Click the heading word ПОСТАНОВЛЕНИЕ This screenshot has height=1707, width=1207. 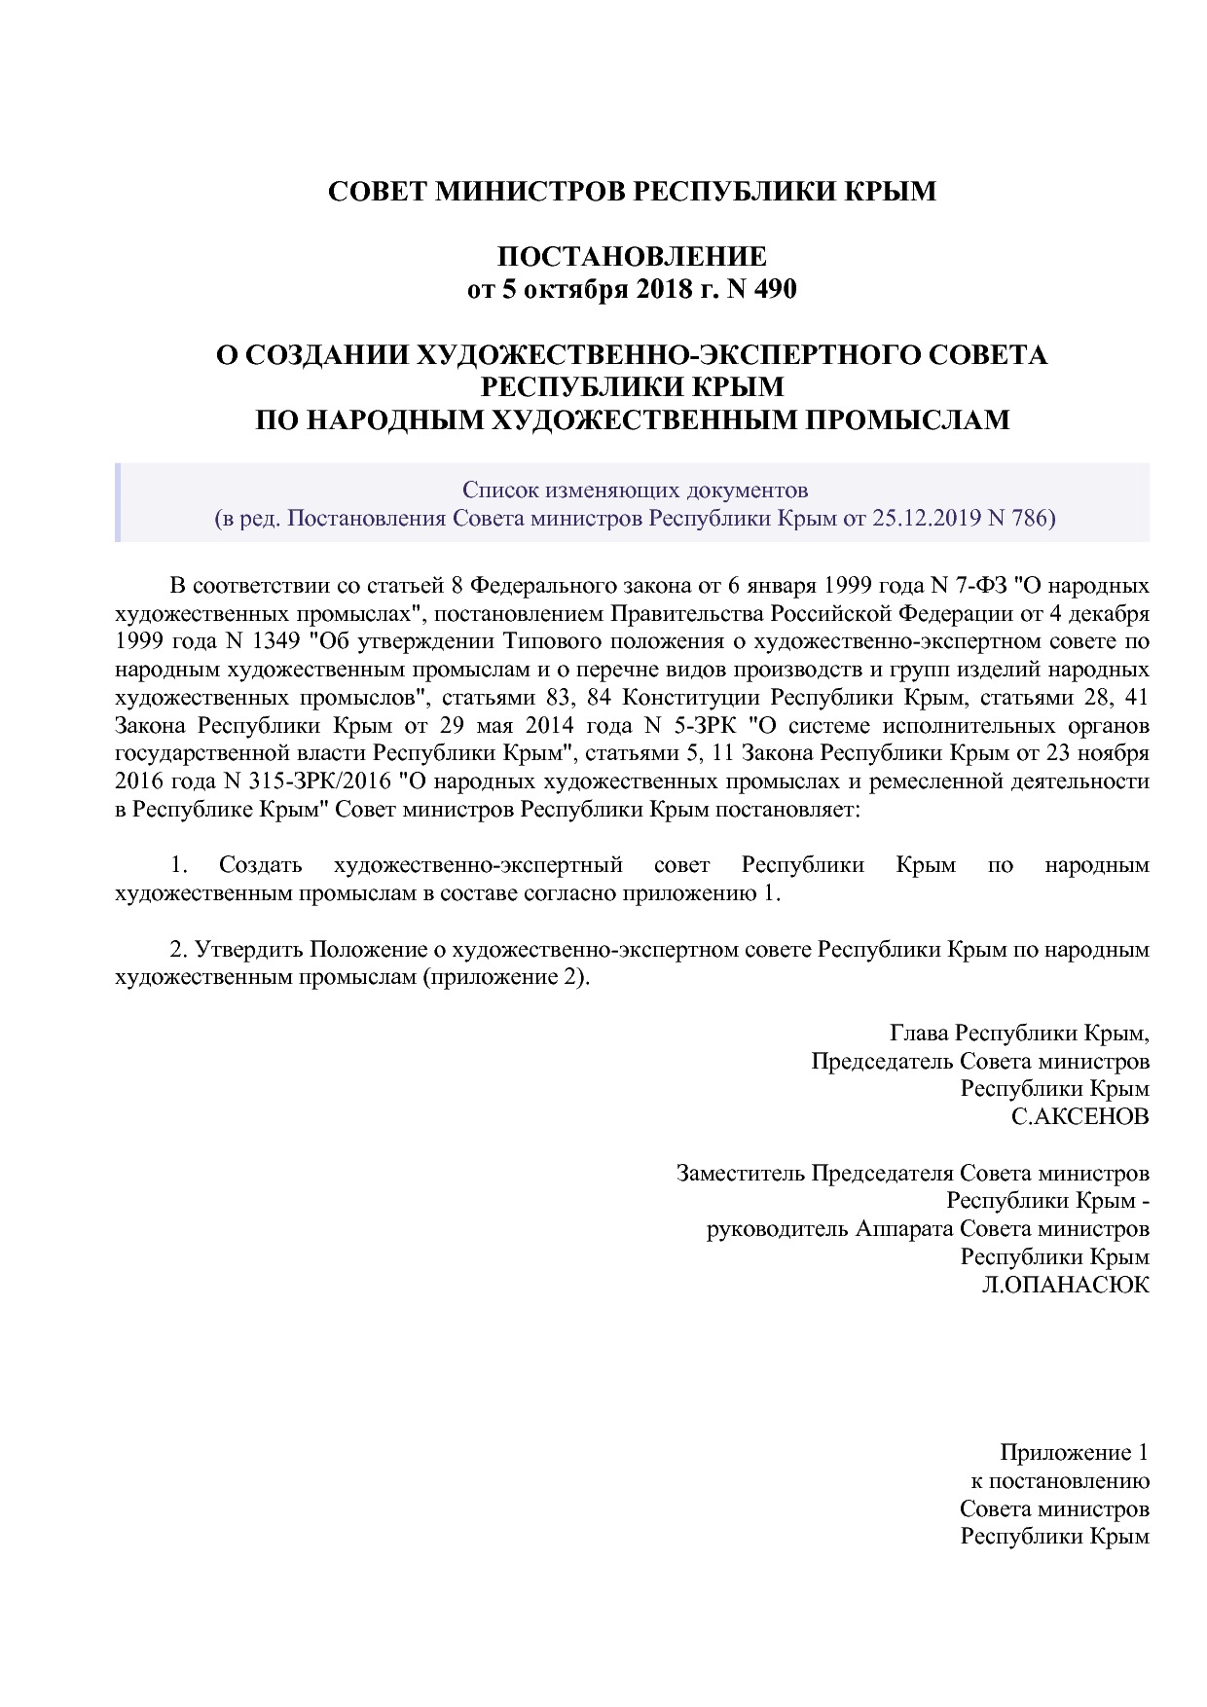pyautogui.click(x=632, y=257)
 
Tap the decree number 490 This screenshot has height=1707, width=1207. pyautogui.click(x=775, y=289)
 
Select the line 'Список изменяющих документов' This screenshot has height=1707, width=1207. pyautogui.click(x=635, y=490)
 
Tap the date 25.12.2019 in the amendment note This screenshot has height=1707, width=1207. pyautogui.click(x=926, y=518)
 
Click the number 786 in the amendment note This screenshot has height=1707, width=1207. pyautogui.click(x=1031, y=518)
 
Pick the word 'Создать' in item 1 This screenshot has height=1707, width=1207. pyautogui.click(x=260, y=865)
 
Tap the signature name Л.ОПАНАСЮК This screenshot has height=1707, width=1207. pyautogui.click(x=1065, y=1285)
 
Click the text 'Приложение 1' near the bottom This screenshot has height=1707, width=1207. pyautogui.click(x=1074, y=1453)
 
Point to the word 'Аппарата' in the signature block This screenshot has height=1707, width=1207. pyautogui.click(x=903, y=1228)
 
